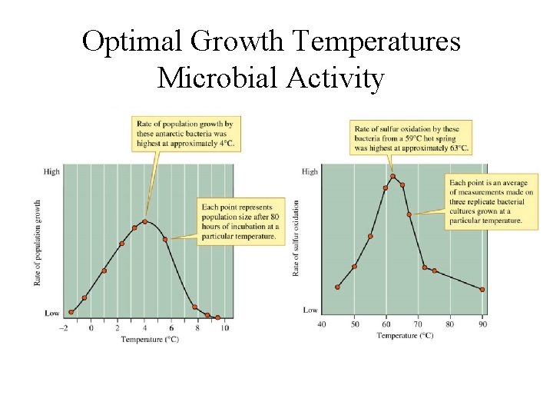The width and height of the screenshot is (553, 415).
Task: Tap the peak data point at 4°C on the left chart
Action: pos(145,222)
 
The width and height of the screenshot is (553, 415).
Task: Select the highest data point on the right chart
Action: pos(392,176)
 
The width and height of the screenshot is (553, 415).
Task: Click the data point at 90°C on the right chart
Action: pos(482,290)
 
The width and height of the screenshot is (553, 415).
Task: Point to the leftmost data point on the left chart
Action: pos(71,312)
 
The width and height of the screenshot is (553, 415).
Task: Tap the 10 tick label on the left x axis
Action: pos(224,329)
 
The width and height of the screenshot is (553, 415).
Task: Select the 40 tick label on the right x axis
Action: pos(322,324)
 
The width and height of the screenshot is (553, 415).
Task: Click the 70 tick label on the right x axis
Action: pos(418,324)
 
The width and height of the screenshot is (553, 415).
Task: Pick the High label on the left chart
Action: pos(51,171)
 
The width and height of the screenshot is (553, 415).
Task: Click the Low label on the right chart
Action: pos(310,310)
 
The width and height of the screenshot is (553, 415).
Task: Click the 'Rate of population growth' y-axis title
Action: pos(37,243)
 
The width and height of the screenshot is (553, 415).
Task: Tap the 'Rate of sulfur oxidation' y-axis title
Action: pos(296,238)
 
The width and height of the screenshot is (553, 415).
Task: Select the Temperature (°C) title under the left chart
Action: pos(150,339)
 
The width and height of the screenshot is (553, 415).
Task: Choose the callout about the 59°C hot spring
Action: pos(410,138)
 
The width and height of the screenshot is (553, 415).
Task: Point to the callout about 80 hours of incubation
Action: pos(239,221)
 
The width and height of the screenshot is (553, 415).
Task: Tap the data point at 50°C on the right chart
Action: pos(354,267)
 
